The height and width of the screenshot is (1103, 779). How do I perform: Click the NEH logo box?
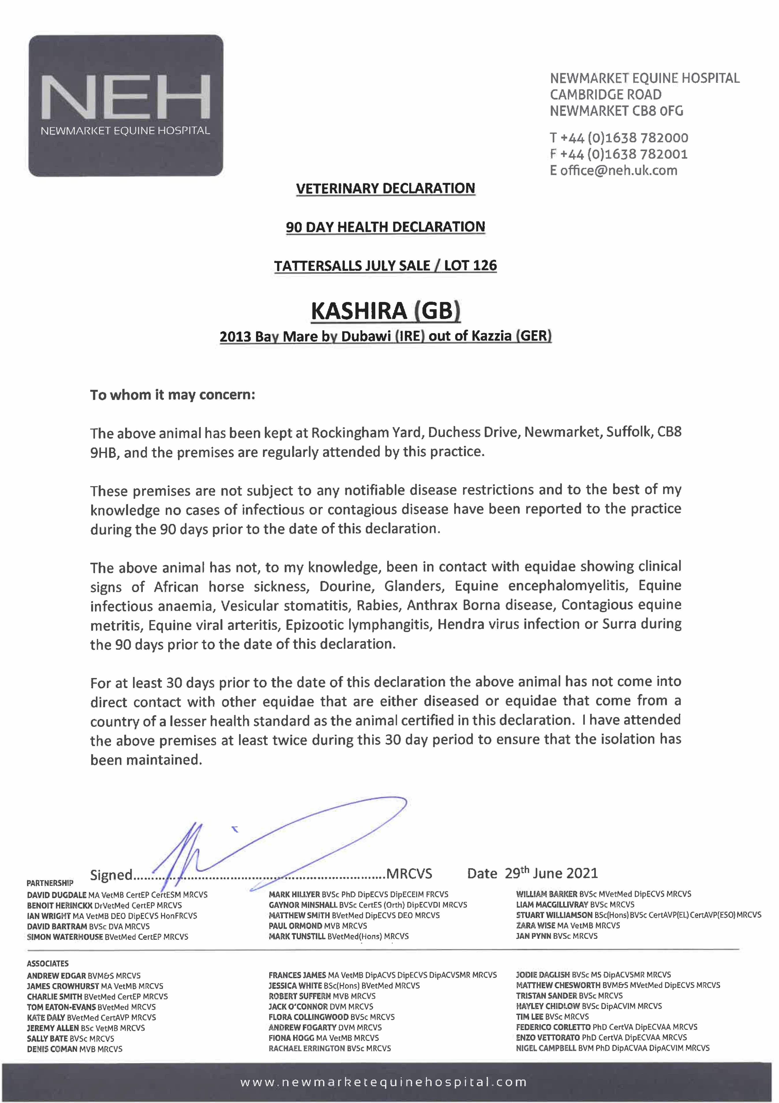[x=126, y=105]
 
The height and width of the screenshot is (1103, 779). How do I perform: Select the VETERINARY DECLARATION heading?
[x=385, y=188]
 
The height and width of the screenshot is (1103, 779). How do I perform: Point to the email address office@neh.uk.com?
[x=619, y=171]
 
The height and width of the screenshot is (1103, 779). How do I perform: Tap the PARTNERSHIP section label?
[x=50, y=883]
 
